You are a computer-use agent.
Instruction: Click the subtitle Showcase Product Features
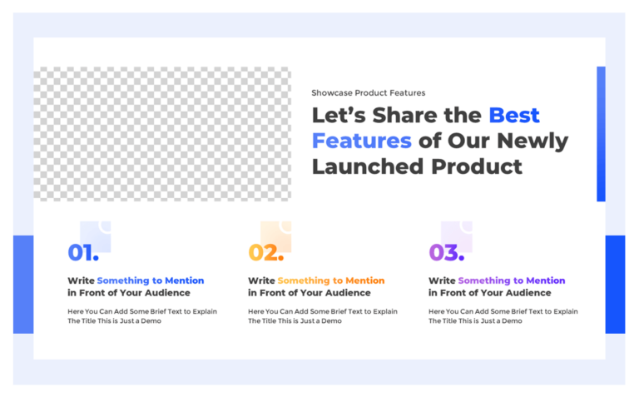(x=368, y=93)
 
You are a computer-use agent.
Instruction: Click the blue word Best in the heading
(x=513, y=115)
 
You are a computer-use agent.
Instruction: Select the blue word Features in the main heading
(x=362, y=141)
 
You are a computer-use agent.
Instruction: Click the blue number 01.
(x=82, y=252)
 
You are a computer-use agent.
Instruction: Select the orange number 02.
(x=265, y=252)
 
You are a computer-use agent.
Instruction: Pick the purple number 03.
(x=446, y=252)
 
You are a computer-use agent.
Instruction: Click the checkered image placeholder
(x=162, y=134)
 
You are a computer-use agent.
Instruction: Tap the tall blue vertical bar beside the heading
(x=601, y=134)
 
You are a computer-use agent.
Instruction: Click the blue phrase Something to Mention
(x=150, y=280)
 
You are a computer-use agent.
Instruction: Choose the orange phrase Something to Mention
(x=330, y=280)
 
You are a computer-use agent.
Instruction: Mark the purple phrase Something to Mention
(x=511, y=280)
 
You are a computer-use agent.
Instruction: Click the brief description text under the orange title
(x=322, y=316)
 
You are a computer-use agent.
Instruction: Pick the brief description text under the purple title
(x=503, y=316)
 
